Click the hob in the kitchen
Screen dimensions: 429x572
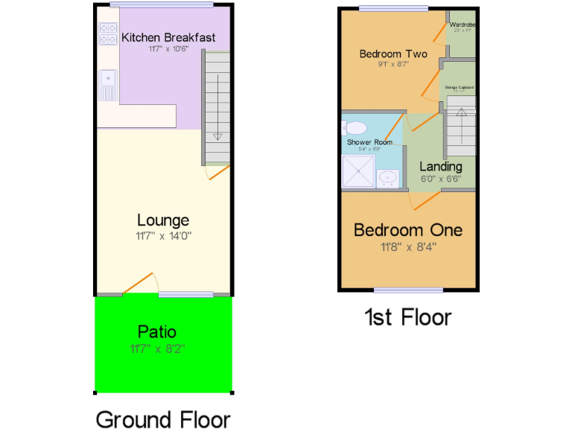pos(108,35)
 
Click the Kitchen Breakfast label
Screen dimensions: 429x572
pos(168,38)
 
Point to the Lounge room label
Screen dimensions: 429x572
pos(163,220)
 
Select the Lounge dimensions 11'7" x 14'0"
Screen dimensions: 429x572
pos(163,236)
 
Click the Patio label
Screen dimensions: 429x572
pos(157,331)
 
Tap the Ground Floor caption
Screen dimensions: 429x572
pos(163,419)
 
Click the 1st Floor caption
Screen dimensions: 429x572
pos(407,318)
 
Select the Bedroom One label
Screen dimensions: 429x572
pos(407,230)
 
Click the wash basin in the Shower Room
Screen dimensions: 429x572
pos(387,178)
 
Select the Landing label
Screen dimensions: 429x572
pos(440,166)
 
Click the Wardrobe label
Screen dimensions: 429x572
pos(463,25)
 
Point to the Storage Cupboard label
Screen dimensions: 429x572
pos(460,88)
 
